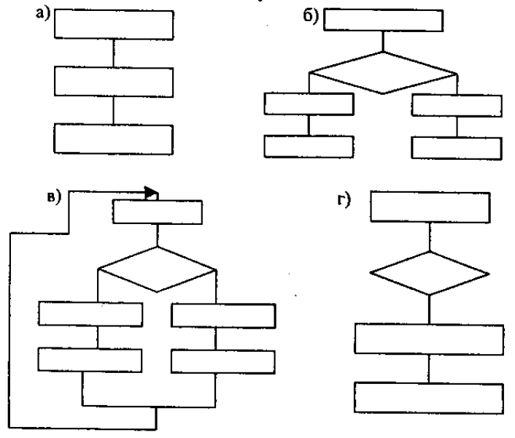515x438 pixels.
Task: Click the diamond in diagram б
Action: tap(384, 73)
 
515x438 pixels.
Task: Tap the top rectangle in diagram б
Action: tap(384, 20)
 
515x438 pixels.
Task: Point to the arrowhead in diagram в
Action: tap(151, 193)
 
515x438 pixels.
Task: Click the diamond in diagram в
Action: tap(158, 269)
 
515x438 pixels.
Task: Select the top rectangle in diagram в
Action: tap(157, 212)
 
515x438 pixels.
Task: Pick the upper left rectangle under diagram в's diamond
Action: tap(90, 314)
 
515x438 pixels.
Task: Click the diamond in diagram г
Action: tap(430, 274)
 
